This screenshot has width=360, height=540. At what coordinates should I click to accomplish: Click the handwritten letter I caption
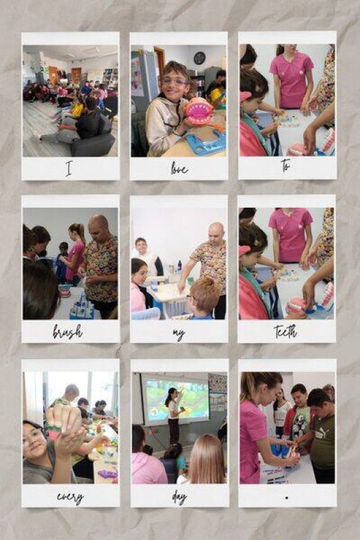point(68,169)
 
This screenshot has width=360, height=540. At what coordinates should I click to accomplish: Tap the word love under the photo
point(179,169)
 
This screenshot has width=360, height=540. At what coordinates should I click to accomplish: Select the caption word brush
point(68,331)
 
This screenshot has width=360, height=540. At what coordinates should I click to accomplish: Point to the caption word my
point(179,333)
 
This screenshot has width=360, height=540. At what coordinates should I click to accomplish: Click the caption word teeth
point(286,331)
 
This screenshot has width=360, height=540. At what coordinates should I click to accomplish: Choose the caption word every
point(70,497)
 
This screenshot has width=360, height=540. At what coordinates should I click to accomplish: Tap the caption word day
point(179,497)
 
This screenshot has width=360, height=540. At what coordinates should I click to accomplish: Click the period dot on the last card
point(286,497)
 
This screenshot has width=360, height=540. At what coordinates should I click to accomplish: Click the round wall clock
point(199,58)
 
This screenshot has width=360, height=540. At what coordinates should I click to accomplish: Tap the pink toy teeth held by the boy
point(199,111)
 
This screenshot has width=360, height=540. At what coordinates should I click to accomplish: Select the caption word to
point(286,165)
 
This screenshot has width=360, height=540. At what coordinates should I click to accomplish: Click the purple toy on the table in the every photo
point(108,474)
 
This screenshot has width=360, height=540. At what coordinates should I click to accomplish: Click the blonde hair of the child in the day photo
point(207,459)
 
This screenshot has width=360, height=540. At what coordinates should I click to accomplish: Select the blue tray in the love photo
point(205,144)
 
